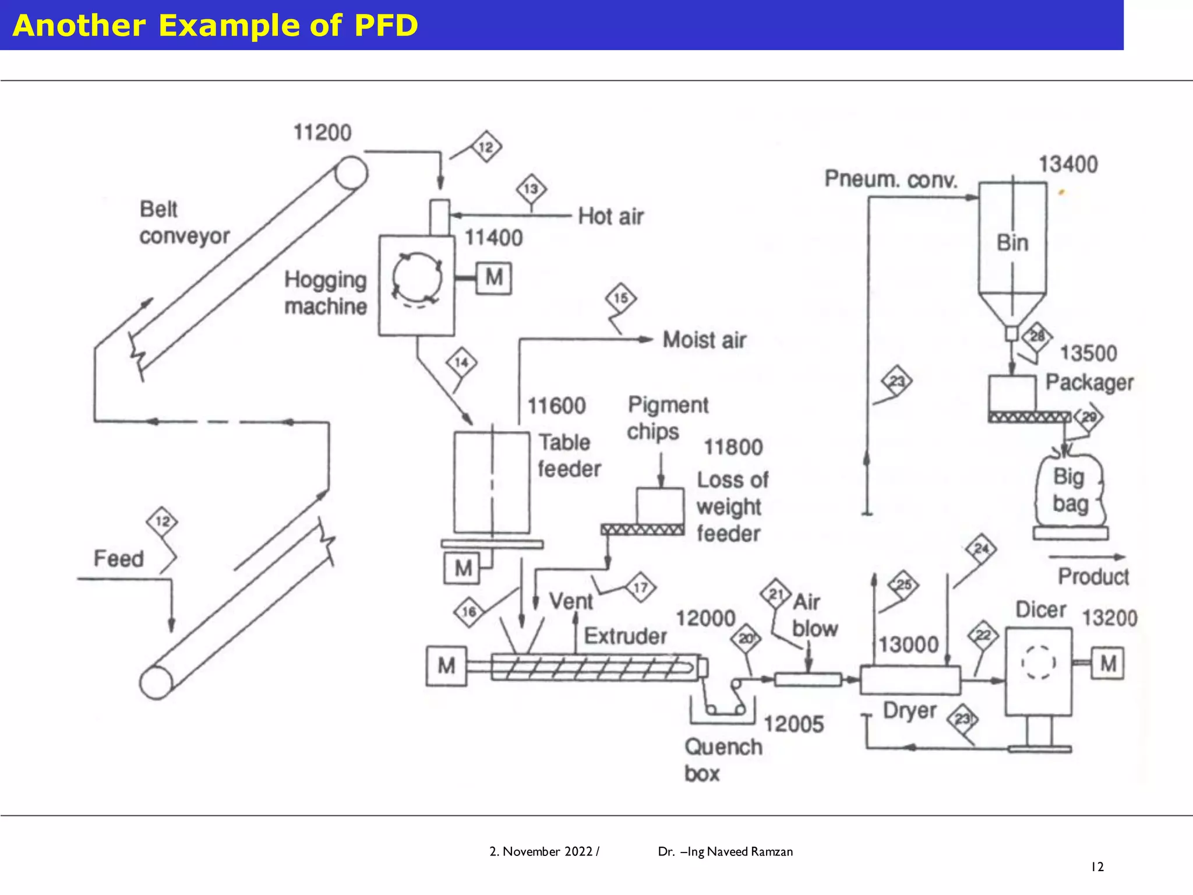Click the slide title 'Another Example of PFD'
[x=215, y=26]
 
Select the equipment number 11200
[x=322, y=133]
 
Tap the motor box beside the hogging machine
[x=493, y=278]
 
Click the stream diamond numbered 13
[x=531, y=189]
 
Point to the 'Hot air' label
[x=610, y=216]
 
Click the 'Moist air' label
[x=704, y=340]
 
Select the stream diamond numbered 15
[x=620, y=298]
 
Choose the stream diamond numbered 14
[x=461, y=362]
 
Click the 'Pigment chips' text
[x=666, y=418]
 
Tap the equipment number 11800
[x=733, y=447]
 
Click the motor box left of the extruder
[x=446, y=665]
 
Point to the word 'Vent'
[x=571, y=601]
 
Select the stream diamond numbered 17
[x=640, y=587]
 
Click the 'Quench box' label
[x=722, y=760]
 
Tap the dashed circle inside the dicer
[x=1038, y=663]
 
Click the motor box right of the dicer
[x=1107, y=663]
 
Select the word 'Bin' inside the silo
[x=1012, y=243]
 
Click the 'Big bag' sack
[x=1070, y=490]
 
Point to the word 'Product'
[x=1093, y=576]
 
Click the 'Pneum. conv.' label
[x=891, y=179]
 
